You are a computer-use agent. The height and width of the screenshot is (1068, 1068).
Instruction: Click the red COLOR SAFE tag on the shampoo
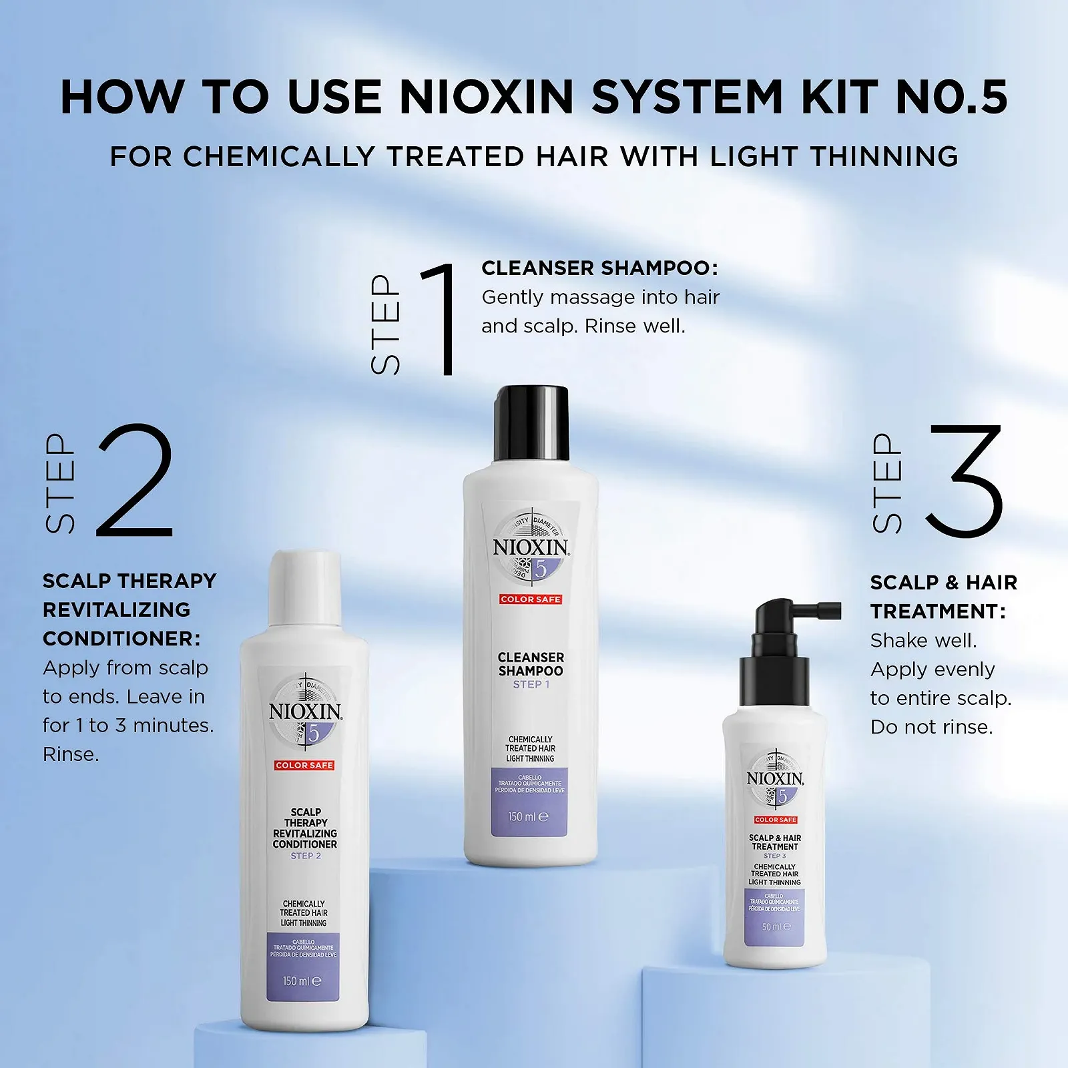531,599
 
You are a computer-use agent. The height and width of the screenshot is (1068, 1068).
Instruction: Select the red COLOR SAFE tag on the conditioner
304,765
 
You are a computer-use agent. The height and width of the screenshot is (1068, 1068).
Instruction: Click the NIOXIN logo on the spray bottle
775,779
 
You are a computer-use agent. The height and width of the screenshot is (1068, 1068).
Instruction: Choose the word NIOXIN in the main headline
487,97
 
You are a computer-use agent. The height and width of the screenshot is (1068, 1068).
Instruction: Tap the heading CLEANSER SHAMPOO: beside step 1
599,268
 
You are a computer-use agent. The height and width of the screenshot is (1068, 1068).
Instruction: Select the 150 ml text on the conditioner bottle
302,981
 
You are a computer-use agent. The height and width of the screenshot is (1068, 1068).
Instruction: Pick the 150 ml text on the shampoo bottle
528,816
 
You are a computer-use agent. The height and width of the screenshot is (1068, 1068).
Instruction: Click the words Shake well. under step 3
923,641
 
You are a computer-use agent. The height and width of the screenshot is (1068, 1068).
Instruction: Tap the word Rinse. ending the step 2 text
71,755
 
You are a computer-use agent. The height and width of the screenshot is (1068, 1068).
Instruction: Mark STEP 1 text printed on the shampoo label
531,685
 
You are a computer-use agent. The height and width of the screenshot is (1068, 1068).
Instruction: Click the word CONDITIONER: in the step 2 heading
121,639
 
